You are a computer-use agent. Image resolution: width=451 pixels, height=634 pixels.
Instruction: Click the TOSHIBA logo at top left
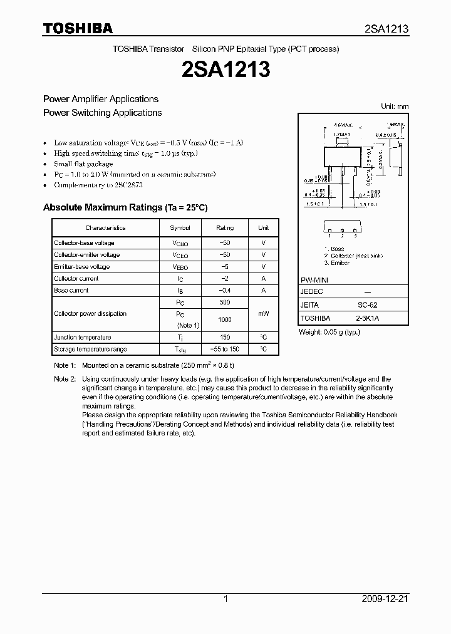pos(78,28)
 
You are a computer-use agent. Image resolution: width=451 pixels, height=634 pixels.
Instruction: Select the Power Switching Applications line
pos(102,113)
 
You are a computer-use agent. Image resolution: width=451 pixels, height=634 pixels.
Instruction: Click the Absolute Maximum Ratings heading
pos(125,207)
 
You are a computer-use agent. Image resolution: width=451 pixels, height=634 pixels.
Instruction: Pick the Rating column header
pos(224,228)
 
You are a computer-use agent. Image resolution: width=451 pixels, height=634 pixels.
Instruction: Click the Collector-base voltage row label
pos(84,243)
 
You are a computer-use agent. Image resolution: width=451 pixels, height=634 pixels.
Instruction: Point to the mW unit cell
pos(263,314)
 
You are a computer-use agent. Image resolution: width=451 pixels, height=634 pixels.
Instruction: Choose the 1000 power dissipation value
pos(224,320)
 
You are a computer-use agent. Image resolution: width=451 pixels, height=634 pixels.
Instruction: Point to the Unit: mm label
pos(395,107)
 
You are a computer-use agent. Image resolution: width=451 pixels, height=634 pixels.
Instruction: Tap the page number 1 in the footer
pos(225,599)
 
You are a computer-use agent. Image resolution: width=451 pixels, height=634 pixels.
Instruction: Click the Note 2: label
pos(65,379)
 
